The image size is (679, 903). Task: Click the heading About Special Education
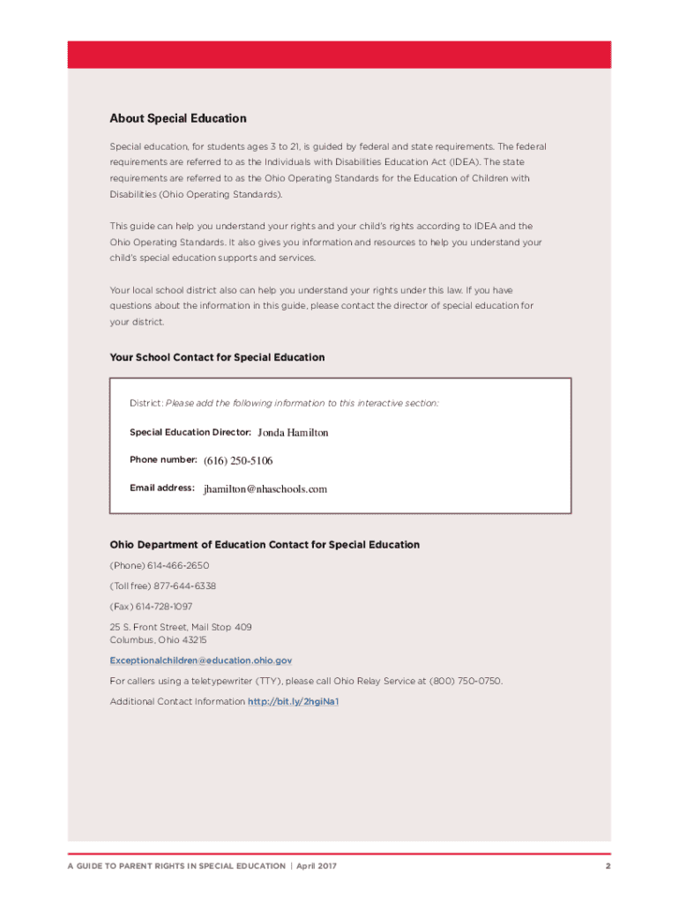178,118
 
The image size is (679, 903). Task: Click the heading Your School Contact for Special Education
217,357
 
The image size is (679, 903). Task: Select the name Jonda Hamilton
293,433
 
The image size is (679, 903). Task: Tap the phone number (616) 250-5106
238,460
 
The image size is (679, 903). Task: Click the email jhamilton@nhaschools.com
265,489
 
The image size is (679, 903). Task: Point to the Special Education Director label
190,432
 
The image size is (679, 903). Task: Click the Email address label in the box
161,488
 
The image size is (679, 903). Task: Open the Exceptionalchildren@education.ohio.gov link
201,660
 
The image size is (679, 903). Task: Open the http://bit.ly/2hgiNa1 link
294,701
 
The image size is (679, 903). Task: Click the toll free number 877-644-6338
185,586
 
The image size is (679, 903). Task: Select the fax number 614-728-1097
164,606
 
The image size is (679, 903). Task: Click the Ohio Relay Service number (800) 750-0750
466,681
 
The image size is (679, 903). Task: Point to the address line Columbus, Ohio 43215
159,639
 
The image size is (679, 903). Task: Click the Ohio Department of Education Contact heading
265,545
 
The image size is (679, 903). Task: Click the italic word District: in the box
145,403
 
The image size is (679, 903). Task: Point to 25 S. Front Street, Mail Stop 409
181,627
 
